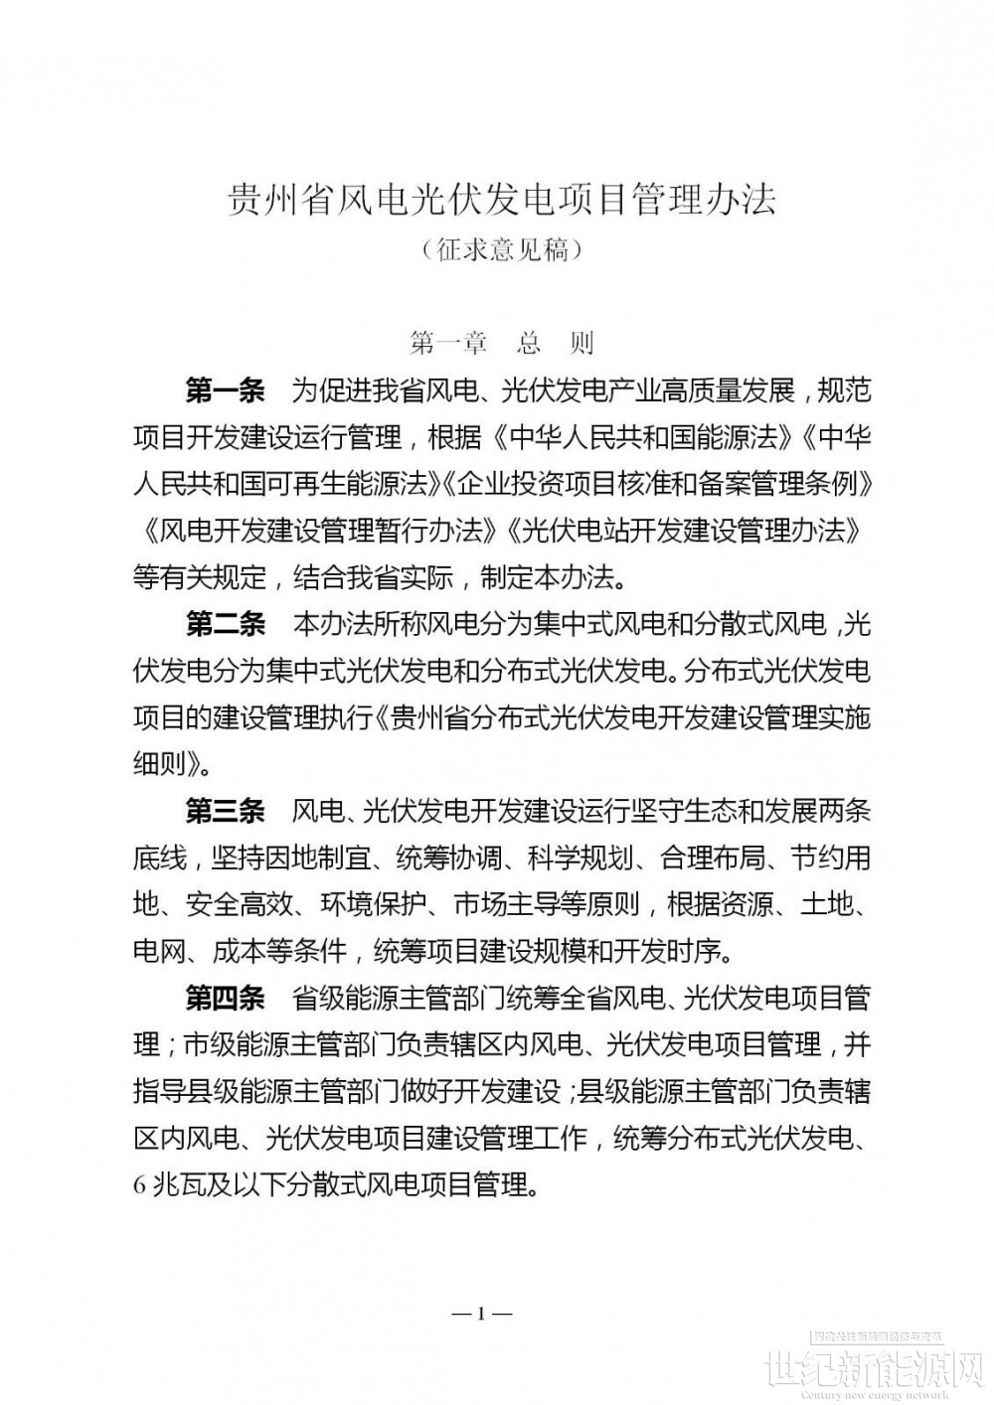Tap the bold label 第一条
(226, 391)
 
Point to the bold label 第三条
(226, 812)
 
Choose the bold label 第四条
(226, 998)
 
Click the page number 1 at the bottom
(481, 1314)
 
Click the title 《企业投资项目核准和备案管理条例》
(658, 485)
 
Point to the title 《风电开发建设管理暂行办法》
(315, 532)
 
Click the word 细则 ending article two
(159, 765)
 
